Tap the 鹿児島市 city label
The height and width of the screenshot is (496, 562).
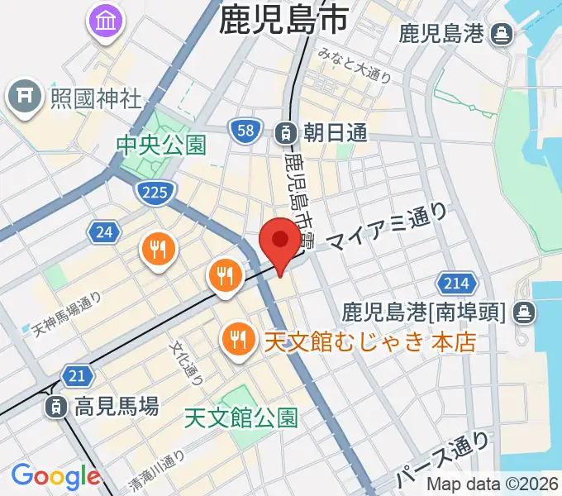coord(283,21)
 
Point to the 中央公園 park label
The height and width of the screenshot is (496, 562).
coord(160,146)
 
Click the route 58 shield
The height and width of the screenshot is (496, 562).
coord(245,131)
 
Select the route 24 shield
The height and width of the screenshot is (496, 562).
coord(103,232)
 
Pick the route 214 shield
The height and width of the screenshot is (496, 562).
coord(455,284)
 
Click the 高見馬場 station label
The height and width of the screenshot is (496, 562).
coord(116,406)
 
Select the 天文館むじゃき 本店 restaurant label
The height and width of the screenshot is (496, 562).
coord(369,340)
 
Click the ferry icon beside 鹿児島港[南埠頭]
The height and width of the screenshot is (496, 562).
coord(523,312)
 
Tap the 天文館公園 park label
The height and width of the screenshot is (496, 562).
coord(241,419)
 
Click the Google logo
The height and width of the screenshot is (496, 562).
coord(55,476)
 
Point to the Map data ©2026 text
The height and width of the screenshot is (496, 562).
coord(493,485)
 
